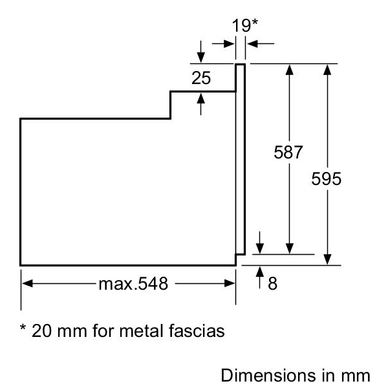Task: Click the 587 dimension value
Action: (288, 153)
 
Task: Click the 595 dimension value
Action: (326, 178)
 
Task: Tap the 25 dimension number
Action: (201, 79)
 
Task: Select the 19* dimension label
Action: (245, 27)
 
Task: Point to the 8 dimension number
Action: (272, 284)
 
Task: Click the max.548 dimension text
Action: (133, 284)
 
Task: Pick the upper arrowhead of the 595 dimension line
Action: (330, 69)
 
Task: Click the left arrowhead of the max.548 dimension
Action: (27, 283)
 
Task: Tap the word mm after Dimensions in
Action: (357, 374)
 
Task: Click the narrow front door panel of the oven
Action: (240, 158)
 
